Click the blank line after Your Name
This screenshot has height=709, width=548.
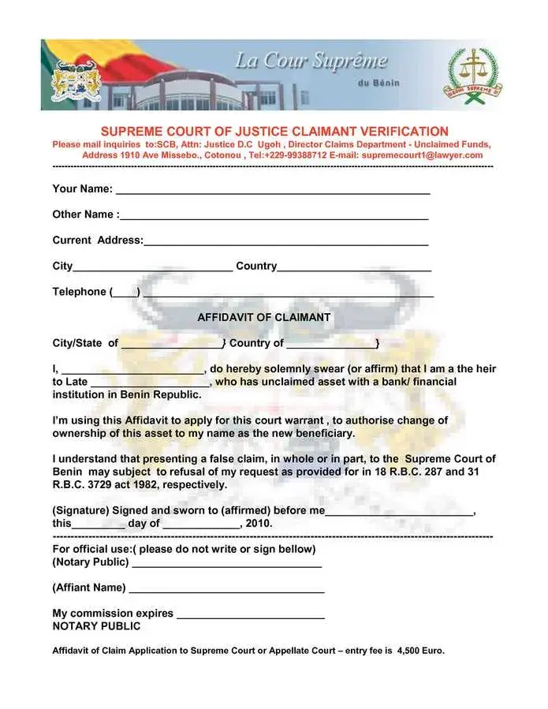272,191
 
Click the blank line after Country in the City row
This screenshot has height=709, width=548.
354,268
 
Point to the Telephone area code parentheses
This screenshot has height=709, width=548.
125,293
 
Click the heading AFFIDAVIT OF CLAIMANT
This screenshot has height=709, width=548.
263,317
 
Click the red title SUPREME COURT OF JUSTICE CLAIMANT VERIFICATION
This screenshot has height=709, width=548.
274,132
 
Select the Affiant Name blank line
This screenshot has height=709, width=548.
226,589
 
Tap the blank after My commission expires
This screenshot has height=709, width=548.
251,614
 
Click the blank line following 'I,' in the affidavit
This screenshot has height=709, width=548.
132,370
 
